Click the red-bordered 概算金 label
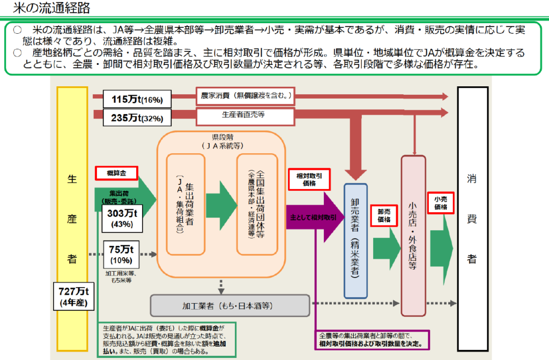tap(116, 172)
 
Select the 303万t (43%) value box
tap(122, 218)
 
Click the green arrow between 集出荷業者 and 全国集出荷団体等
tap(221, 205)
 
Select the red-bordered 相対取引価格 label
tap(309, 179)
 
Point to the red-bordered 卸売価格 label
tap(384, 215)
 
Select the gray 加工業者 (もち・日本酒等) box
tap(231, 306)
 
